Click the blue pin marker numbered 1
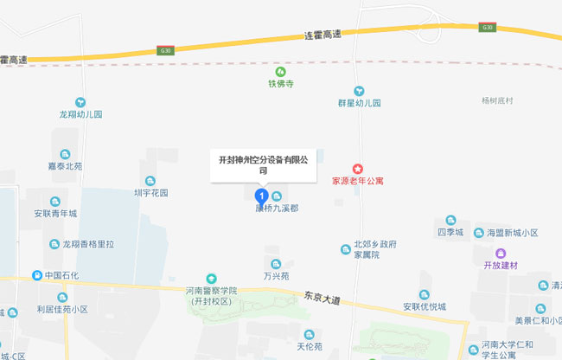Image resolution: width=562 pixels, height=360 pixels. [263, 196]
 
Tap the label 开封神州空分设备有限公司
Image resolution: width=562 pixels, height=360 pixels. [263, 164]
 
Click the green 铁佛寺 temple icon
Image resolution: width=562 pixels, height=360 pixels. [279, 72]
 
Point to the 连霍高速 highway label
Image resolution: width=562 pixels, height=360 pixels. [323, 35]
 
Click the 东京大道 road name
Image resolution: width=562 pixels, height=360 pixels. [322, 299]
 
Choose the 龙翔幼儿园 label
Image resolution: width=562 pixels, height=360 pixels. [80, 114]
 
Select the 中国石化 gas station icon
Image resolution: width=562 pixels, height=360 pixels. [37, 275]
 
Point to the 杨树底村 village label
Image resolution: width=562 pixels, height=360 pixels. [497, 100]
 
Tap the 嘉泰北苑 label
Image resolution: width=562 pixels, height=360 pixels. [66, 166]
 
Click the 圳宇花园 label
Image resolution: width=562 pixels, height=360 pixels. [150, 193]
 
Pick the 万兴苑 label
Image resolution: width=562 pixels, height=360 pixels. [276, 276]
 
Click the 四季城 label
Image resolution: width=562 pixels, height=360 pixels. [450, 233]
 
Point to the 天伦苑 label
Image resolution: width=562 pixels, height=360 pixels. [309, 346]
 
